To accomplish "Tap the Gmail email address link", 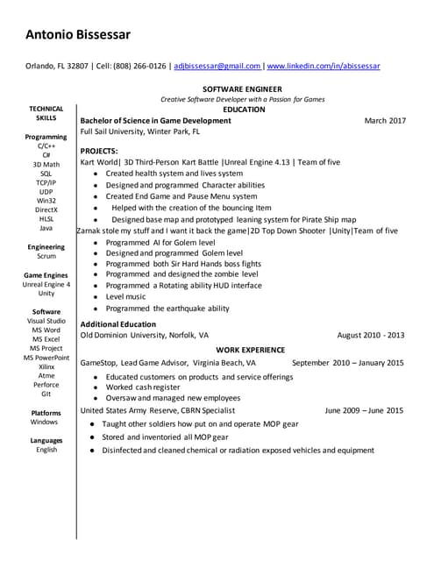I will coord(217,66).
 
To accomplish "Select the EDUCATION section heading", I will coord(245,110).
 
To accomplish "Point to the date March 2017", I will coord(385,120).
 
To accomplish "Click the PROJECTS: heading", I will coord(99,152).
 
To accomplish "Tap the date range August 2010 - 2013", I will coord(370,335).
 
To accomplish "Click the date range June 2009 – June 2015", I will coord(364,410).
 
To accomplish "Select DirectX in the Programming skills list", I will coord(46,210).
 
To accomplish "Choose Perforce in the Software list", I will coord(46,385).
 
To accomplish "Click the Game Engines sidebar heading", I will coord(46,275).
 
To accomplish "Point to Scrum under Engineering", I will coord(46,257).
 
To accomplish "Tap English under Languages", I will coord(46,450).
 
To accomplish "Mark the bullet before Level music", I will coord(96,297).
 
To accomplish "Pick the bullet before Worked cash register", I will coord(96,387).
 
